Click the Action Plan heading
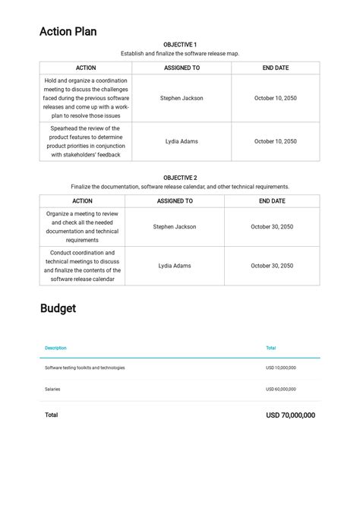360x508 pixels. (68, 32)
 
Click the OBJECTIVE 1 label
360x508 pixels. (180, 45)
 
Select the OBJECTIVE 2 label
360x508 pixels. (180, 178)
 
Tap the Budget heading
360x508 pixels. (58, 308)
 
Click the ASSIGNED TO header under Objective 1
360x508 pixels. (182, 68)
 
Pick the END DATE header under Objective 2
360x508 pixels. (272, 201)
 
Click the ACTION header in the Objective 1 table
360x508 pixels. (86, 68)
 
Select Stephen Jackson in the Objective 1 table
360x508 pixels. (182, 98)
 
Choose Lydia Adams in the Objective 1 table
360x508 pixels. (182, 141)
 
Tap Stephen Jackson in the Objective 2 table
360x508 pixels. (175, 226)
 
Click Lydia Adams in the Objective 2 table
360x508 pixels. (175, 266)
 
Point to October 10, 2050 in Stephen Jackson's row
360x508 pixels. (276, 98)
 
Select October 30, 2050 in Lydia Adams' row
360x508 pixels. (272, 266)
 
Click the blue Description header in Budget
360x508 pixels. (55, 348)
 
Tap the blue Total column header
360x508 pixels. (271, 348)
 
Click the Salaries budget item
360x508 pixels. (52, 389)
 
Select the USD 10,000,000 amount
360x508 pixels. (281, 368)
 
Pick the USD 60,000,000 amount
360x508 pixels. (281, 389)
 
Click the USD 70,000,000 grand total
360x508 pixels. (290, 415)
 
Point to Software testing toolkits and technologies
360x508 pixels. (85, 368)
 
